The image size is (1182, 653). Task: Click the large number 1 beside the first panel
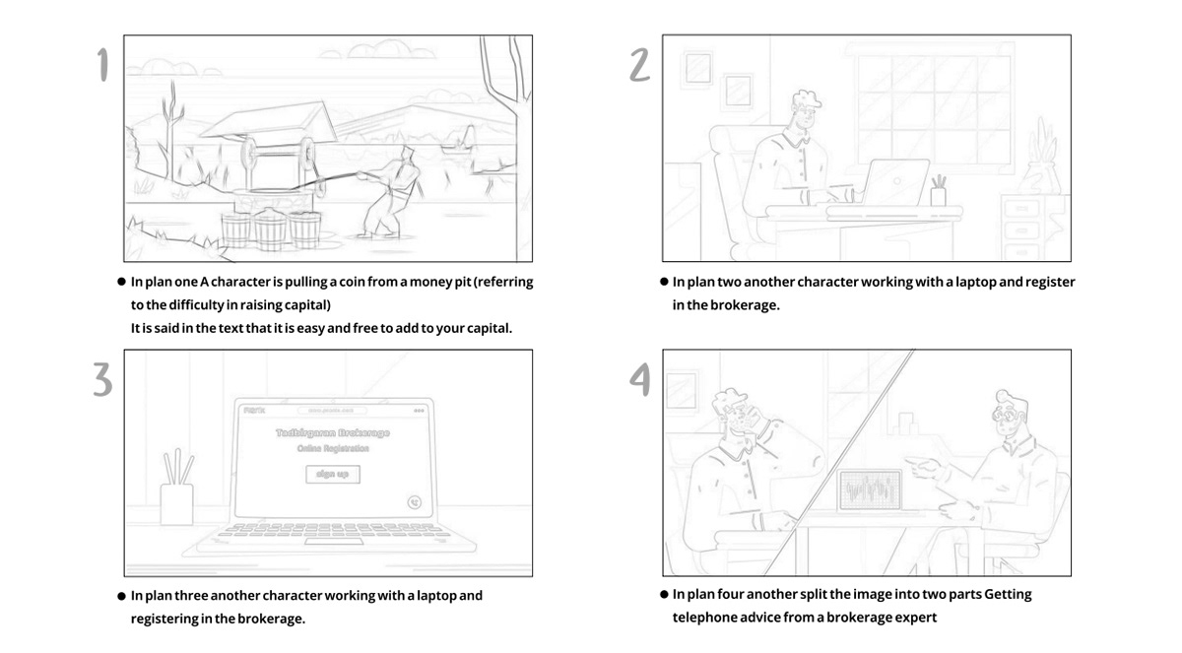tap(102, 65)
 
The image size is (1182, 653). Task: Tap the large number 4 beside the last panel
tap(640, 379)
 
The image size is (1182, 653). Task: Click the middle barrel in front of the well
tap(270, 229)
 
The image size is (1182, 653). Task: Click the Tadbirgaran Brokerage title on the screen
tap(332, 432)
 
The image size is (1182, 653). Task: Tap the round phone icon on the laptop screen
tap(416, 502)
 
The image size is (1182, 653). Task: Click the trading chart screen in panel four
tap(870, 490)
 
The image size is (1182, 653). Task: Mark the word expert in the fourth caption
tap(916, 618)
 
